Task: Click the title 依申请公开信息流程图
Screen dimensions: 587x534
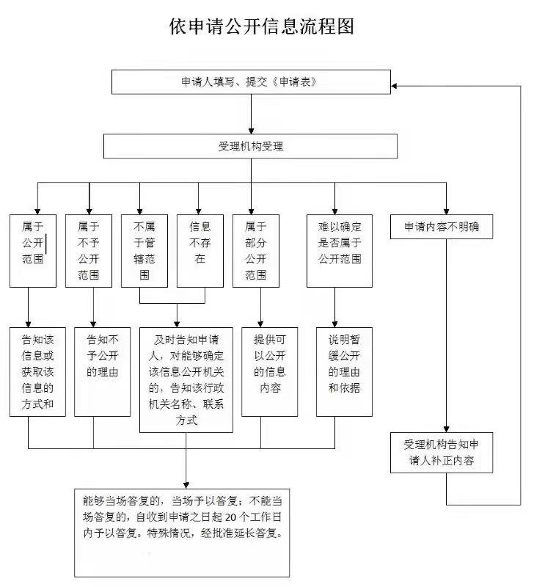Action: pos(262,27)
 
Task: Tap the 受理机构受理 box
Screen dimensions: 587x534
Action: pos(251,146)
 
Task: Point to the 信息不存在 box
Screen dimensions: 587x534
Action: pos(200,250)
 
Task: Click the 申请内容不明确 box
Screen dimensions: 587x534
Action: pos(447,227)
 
